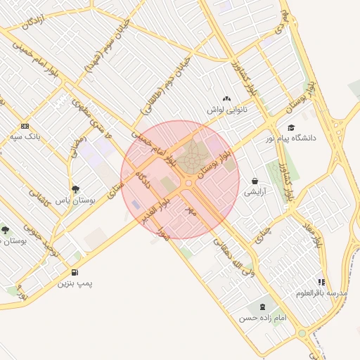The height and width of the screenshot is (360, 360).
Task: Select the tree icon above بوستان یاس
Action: (75, 188)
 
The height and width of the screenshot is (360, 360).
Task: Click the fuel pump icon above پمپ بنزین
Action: (75, 273)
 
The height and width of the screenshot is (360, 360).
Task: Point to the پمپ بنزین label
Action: (75, 283)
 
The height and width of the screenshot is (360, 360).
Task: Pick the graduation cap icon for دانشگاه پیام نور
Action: (290, 127)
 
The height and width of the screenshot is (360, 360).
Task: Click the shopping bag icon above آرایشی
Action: (254, 181)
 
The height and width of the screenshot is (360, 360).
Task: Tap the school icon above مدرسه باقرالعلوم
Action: (321, 282)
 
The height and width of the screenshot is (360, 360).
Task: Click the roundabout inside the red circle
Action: (188, 183)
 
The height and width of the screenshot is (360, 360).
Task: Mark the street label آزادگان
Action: (32, 23)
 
